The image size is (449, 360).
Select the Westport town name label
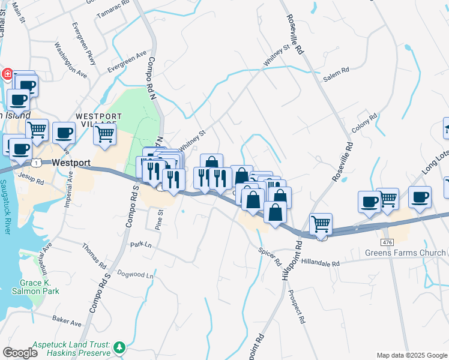click(71, 163)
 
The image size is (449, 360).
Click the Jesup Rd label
click(31, 178)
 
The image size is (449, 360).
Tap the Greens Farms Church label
click(405, 253)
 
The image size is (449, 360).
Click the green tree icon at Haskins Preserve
click(120, 347)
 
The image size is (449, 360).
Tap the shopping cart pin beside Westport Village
click(105, 134)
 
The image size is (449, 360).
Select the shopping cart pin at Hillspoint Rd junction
click(321, 224)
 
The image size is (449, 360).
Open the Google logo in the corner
click(20, 353)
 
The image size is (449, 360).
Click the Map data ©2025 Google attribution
click(411, 355)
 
